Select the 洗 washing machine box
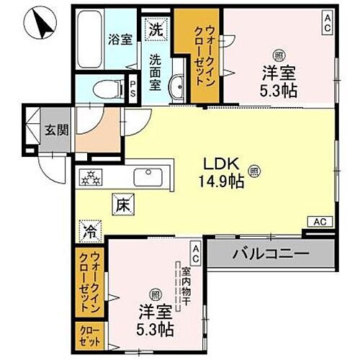click(156, 30)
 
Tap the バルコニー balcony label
click(270, 253)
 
